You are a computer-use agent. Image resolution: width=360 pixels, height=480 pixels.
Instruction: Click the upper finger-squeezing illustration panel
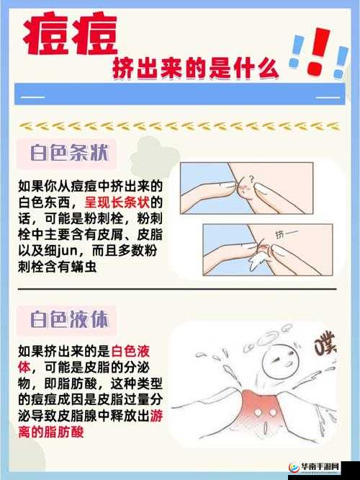tap(246, 189)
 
